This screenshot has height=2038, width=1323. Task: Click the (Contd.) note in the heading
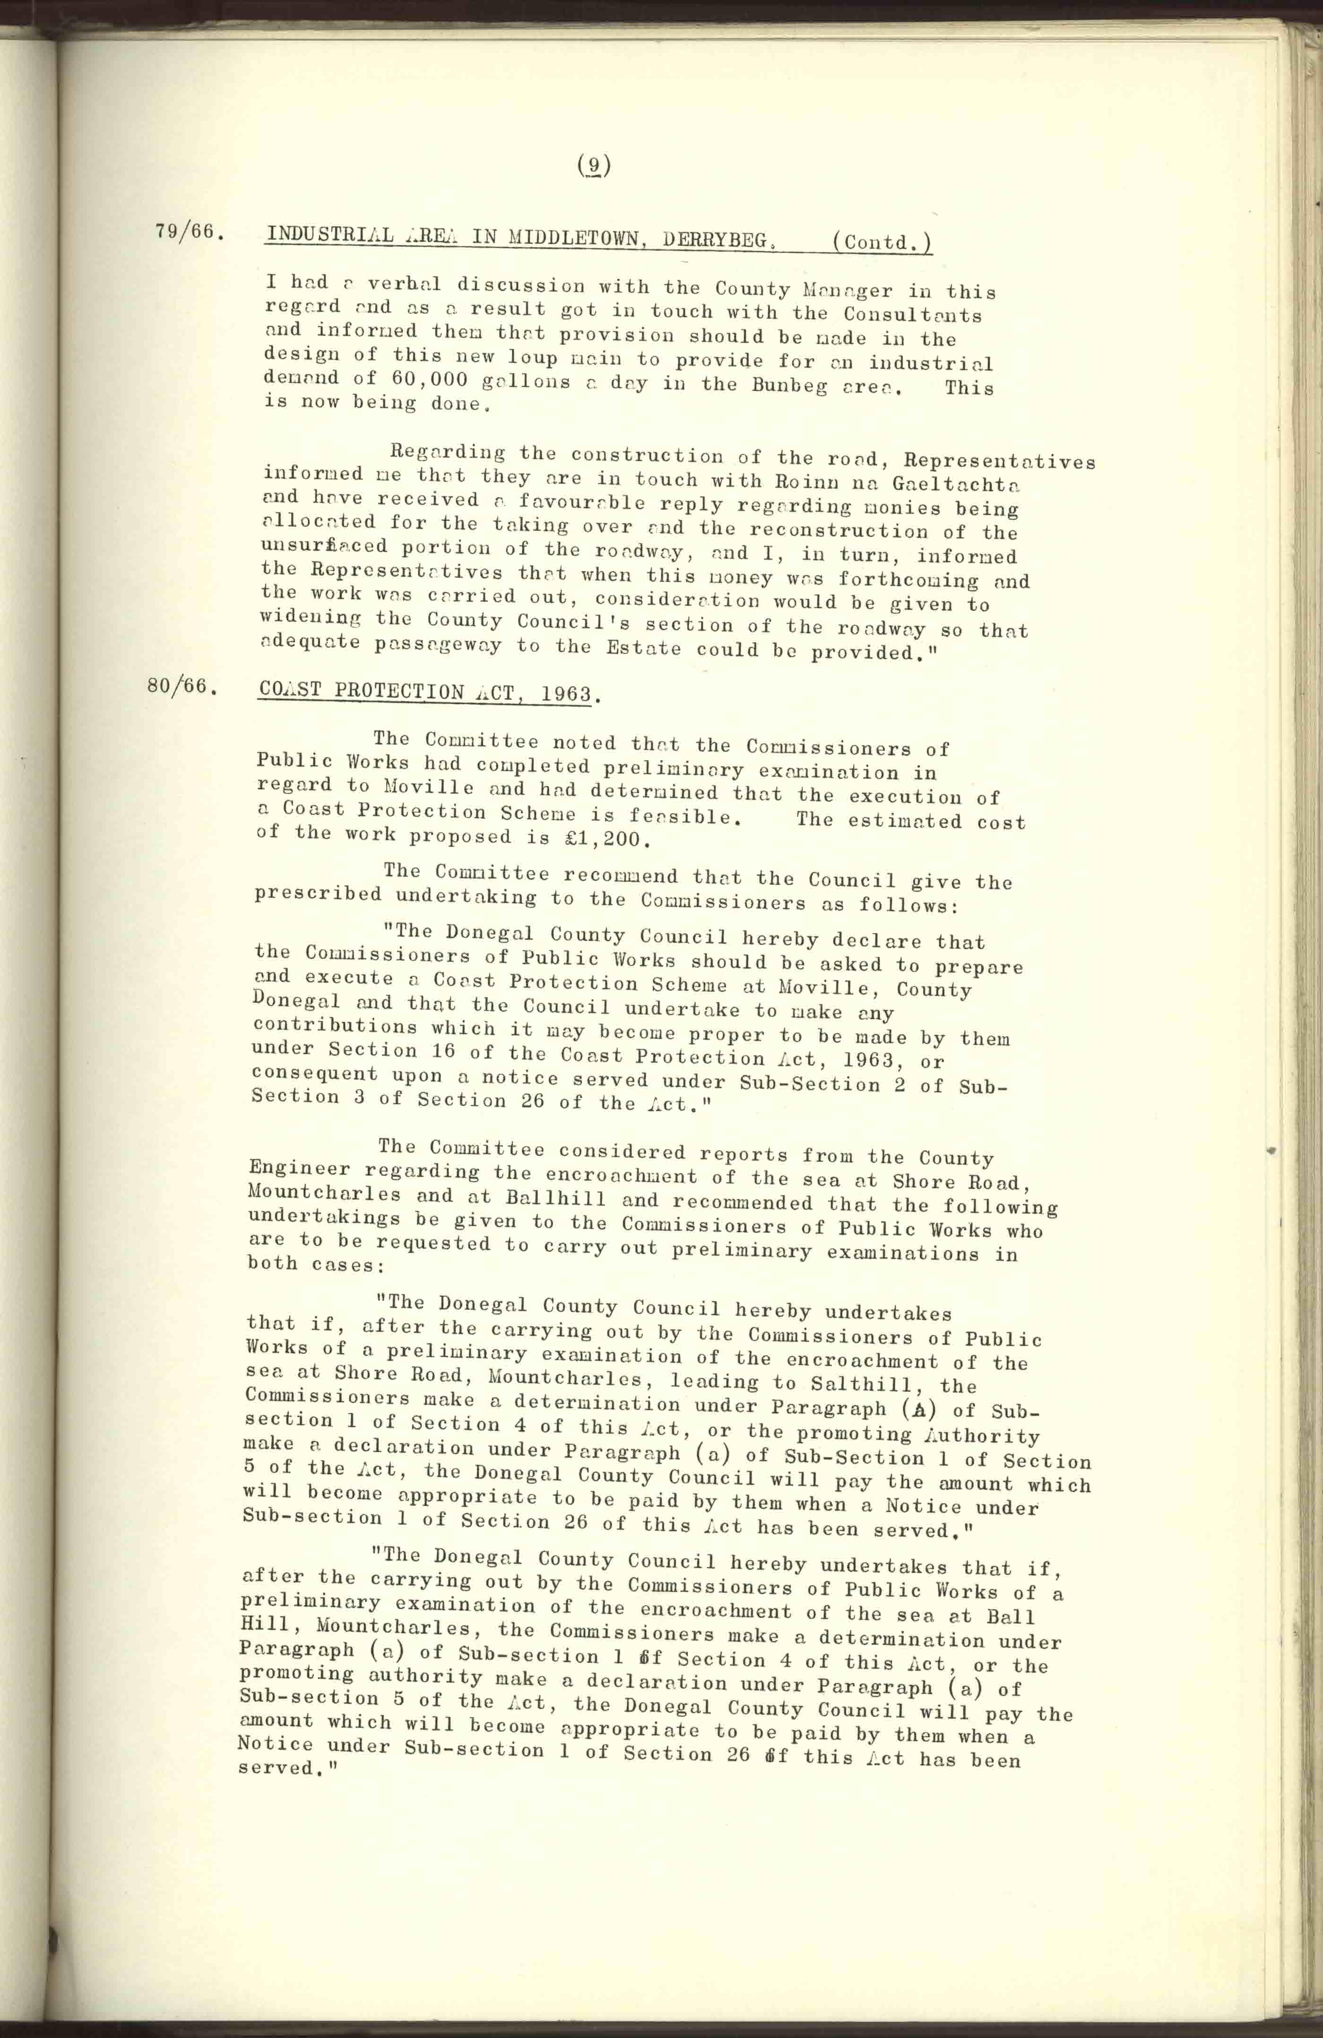tap(882, 243)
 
